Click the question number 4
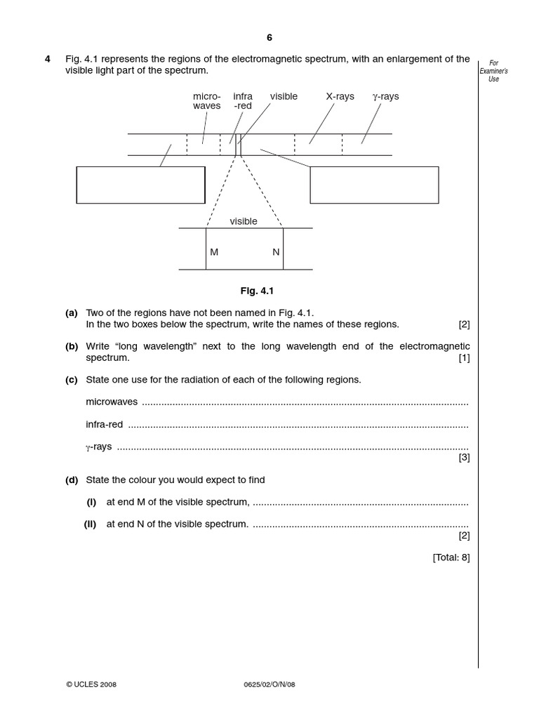(48, 60)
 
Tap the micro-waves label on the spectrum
(206, 101)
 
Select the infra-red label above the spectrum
(243, 101)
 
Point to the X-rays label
(340, 96)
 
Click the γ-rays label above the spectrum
(385, 96)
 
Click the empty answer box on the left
(140, 185)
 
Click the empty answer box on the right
(374, 185)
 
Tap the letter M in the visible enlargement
(214, 252)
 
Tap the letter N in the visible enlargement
(276, 252)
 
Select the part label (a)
(71, 313)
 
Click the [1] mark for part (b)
(464, 358)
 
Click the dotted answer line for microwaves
(305, 403)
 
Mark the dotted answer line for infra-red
(298, 426)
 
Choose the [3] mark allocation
(464, 458)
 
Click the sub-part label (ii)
(91, 525)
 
